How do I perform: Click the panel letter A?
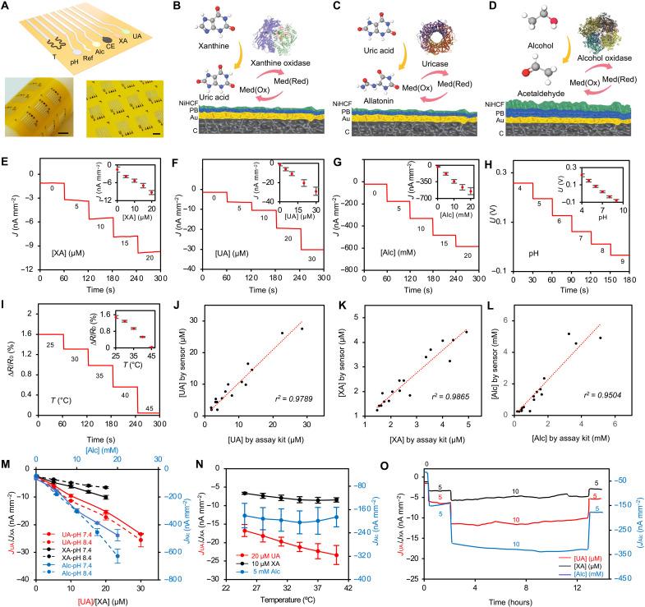[x=6, y=7]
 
